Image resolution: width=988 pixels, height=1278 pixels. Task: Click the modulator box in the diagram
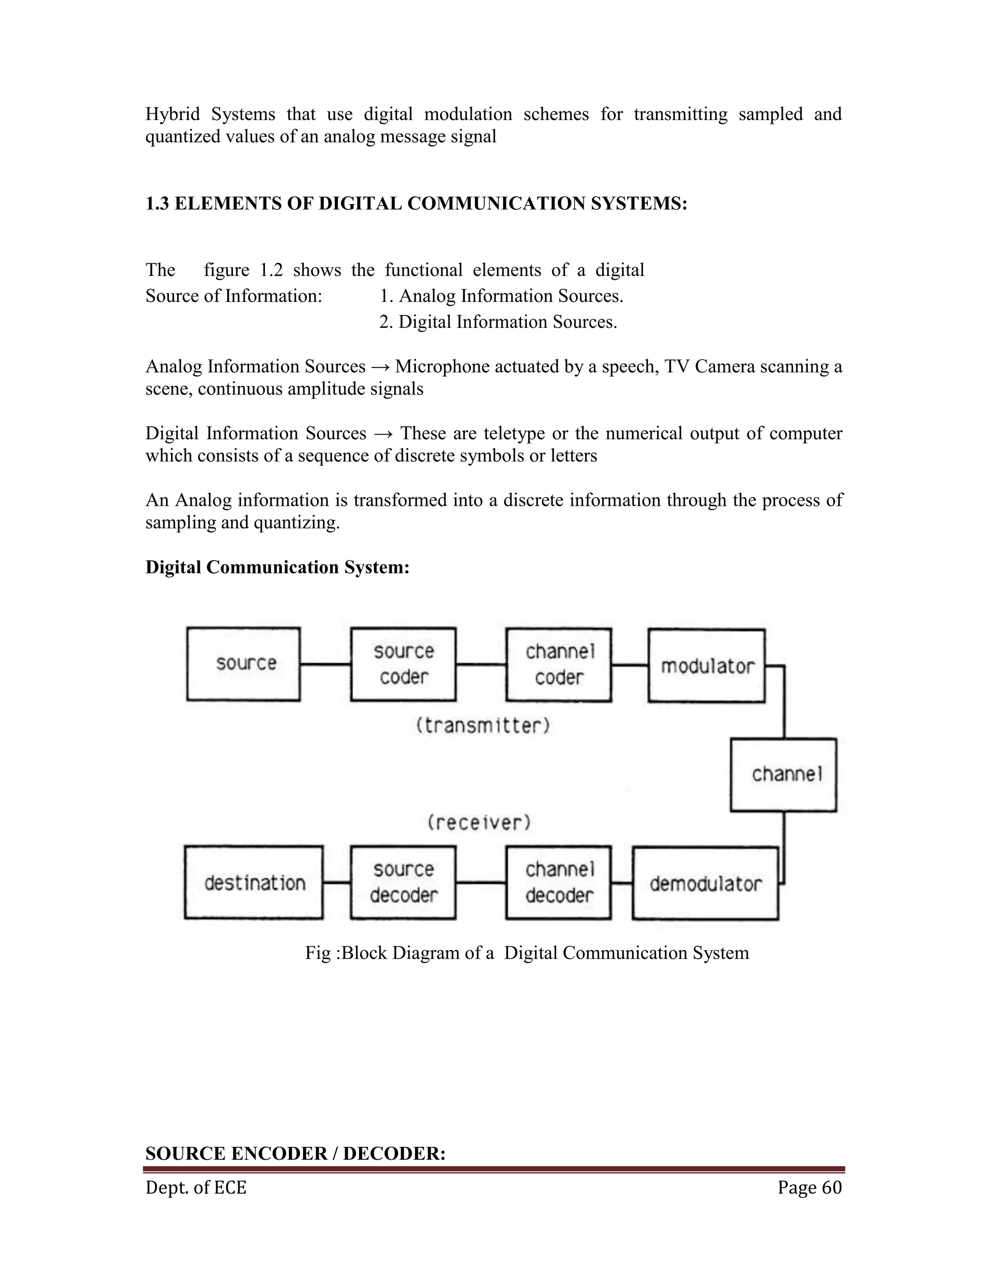tap(706, 666)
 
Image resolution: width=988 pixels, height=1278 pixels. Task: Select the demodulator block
tap(705, 883)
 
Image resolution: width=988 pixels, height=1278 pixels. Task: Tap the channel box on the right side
tap(783, 775)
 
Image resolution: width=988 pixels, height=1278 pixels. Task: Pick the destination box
tap(254, 883)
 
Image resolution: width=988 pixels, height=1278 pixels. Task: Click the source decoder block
tap(403, 883)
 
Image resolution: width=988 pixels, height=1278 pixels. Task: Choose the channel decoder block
tap(559, 883)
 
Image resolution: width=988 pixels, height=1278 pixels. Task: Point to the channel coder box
tap(559, 665)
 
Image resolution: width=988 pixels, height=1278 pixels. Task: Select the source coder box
tap(403, 664)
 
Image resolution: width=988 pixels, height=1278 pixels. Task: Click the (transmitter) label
tap(483, 726)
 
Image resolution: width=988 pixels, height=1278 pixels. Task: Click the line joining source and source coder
tap(326, 664)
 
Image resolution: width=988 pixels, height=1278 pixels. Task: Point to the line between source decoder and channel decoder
tap(481, 883)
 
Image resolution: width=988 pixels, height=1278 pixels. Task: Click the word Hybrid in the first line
tap(173, 114)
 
